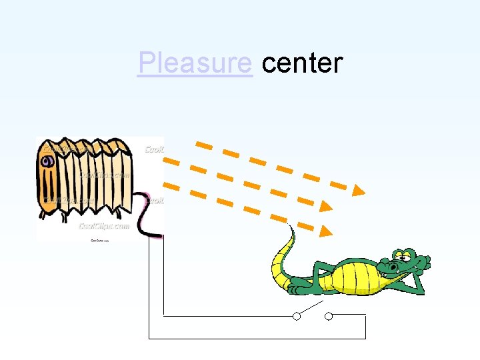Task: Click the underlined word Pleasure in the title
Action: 194,63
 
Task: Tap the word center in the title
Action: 302,63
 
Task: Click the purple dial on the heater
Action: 47,161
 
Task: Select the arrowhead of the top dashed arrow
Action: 359,191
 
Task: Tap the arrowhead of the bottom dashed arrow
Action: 325,231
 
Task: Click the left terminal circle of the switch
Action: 296,316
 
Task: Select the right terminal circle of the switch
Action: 328,316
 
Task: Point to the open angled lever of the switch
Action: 311,309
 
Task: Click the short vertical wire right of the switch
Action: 365,326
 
